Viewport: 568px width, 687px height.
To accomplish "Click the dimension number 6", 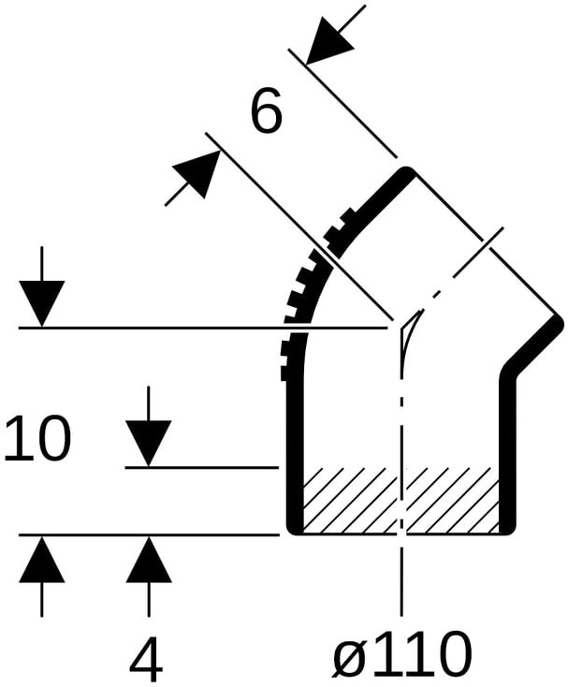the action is [x=267, y=110].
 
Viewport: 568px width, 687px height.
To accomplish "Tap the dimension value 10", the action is [x=36, y=438].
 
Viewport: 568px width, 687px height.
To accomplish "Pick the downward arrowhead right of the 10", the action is [x=149, y=444].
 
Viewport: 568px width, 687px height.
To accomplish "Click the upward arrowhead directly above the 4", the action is [x=149, y=560].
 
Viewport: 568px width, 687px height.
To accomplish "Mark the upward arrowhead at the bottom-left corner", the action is [x=42, y=560].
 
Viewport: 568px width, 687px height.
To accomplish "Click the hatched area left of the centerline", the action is [x=350, y=501].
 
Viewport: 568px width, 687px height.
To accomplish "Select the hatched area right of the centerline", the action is [x=453, y=501].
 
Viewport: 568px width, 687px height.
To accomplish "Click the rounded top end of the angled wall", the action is [x=407, y=172].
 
